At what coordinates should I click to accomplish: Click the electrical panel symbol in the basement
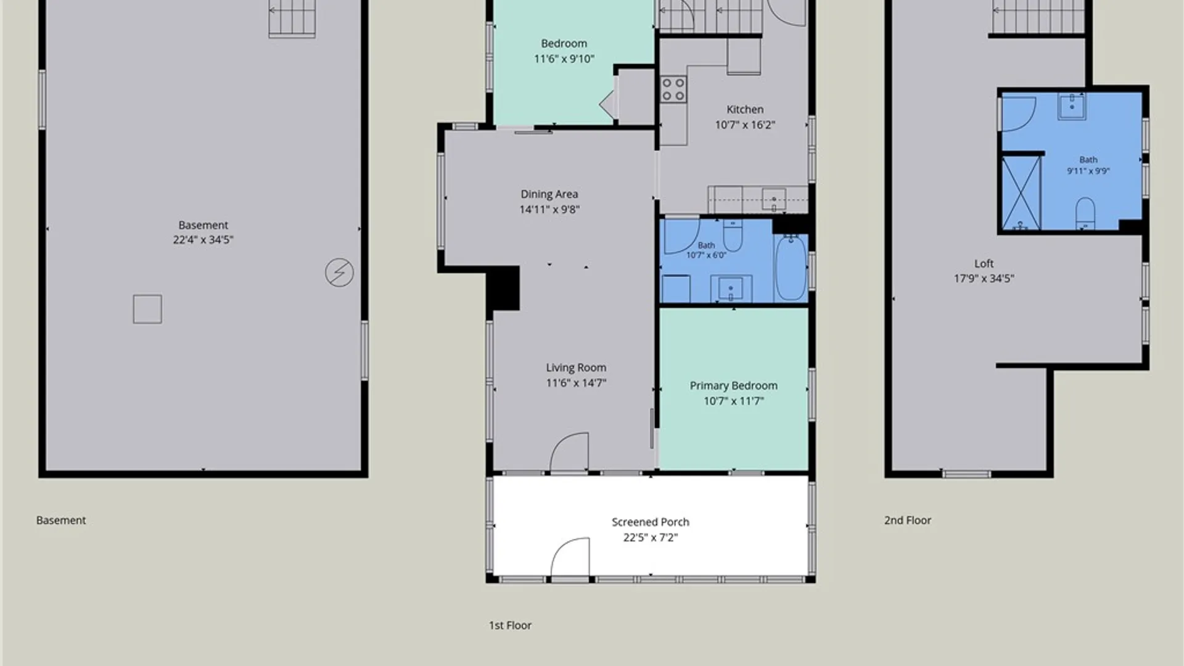pos(339,273)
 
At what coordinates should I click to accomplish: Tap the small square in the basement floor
pos(147,309)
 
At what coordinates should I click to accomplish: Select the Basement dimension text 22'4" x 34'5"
pos(203,240)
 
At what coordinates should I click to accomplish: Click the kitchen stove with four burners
pos(673,89)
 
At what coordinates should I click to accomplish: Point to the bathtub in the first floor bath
pos(791,268)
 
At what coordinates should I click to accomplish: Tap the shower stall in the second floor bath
pos(1021,193)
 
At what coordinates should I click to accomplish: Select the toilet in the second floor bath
pos(1085,213)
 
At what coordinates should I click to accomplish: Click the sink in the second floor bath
pos(1072,106)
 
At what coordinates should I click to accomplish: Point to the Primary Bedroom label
pos(733,385)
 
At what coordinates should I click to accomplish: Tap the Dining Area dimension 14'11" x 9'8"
pos(549,210)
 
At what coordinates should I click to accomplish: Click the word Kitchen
pos(745,109)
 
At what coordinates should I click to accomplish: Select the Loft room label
pos(984,263)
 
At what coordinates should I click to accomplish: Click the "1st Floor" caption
pos(510,625)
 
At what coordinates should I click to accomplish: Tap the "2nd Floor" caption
pos(908,520)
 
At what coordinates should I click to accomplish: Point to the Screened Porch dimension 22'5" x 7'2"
pos(651,538)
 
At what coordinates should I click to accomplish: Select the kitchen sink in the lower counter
pos(774,200)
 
